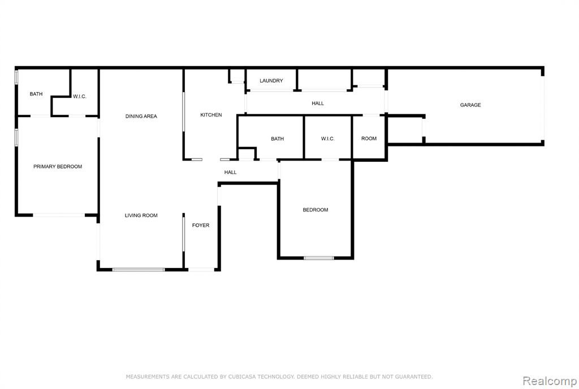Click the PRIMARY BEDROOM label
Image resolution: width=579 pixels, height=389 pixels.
coord(58,166)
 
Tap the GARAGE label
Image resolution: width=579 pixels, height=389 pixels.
coord(470,105)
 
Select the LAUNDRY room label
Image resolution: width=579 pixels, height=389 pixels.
coord(271,80)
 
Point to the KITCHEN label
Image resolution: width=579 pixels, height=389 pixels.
coord(211,115)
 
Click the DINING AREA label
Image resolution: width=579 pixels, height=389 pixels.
coord(141,116)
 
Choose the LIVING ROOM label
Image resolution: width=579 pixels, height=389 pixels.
coord(141,215)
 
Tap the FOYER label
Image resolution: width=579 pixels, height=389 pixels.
coord(201,225)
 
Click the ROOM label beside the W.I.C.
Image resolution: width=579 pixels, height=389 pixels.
coord(369,139)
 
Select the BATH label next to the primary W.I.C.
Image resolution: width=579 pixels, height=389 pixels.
coord(36,94)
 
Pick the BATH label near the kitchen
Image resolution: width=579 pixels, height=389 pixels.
coord(277,139)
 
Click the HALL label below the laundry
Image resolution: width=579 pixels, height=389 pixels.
coord(318,103)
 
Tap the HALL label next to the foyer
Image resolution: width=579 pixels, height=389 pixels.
coord(231,172)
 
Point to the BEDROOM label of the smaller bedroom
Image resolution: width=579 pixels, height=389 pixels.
coord(316,210)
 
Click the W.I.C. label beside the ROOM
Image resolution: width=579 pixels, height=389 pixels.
coord(327,139)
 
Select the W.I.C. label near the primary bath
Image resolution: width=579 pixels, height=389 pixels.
coord(79,96)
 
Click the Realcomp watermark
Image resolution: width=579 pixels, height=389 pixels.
coord(550,381)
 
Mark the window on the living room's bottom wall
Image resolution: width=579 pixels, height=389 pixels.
coord(139,270)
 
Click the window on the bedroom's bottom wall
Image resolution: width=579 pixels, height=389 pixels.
coord(319,258)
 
